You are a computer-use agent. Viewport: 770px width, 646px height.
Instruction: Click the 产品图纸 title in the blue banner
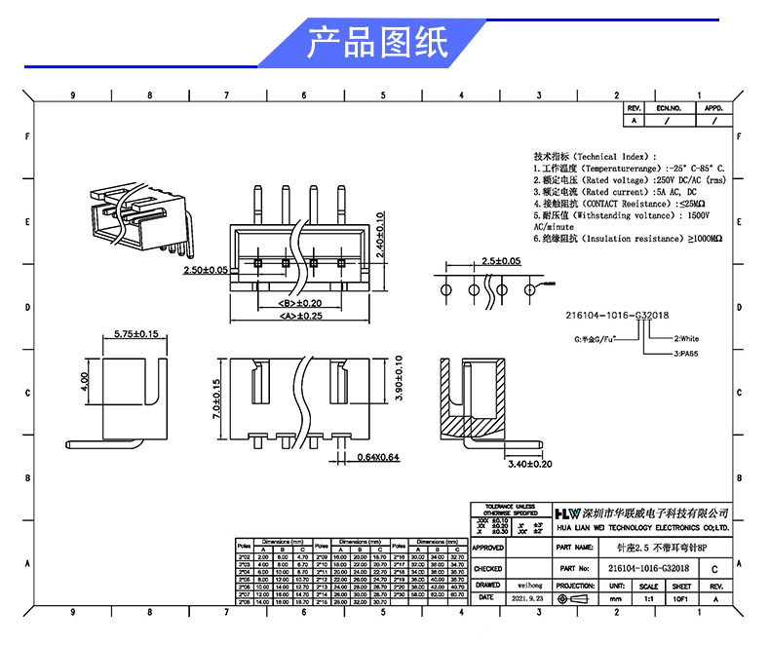pyautogui.click(x=377, y=43)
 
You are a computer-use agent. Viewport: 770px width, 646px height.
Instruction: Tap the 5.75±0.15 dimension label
pyautogui.click(x=135, y=334)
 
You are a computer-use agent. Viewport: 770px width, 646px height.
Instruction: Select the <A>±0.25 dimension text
pyautogui.click(x=300, y=316)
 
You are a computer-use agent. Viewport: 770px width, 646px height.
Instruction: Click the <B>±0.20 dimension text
pyautogui.click(x=300, y=303)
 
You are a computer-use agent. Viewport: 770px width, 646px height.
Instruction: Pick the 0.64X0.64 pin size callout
pyautogui.click(x=378, y=456)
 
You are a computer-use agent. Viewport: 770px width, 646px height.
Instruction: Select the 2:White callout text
pyautogui.click(x=686, y=339)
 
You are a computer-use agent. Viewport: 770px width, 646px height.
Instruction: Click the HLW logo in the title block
pyautogui.click(x=567, y=513)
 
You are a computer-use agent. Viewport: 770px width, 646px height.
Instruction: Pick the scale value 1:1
pyautogui.click(x=648, y=598)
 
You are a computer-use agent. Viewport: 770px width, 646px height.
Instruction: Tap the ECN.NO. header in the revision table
pyautogui.click(x=669, y=108)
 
